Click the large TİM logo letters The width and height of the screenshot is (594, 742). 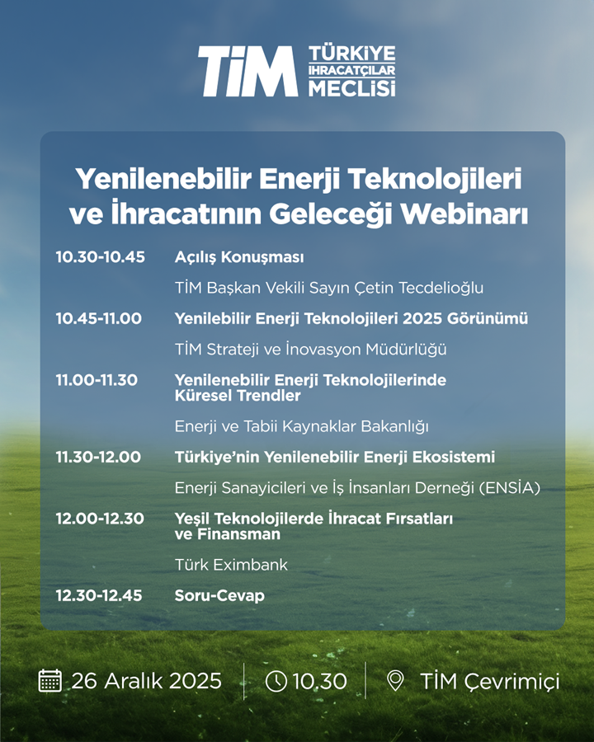[x=248, y=72]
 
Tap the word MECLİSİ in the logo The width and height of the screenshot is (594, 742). [x=352, y=88]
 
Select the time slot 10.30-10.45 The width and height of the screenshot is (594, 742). [x=101, y=257]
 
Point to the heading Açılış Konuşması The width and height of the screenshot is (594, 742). [x=239, y=257]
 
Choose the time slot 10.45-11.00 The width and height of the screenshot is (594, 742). [x=98, y=318]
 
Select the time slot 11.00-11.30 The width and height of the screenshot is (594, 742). [x=97, y=380]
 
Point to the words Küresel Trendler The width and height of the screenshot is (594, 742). [x=238, y=396]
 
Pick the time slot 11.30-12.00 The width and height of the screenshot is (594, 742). [x=98, y=457]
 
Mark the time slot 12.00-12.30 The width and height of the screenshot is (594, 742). [x=100, y=519]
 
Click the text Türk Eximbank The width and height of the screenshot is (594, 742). [x=231, y=565]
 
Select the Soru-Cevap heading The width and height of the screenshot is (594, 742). [x=219, y=595]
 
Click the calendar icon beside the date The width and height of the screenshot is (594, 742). [x=49, y=680]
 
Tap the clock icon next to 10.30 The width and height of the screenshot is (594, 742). [x=276, y=681]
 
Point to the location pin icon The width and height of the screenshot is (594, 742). [x=395, y=681]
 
